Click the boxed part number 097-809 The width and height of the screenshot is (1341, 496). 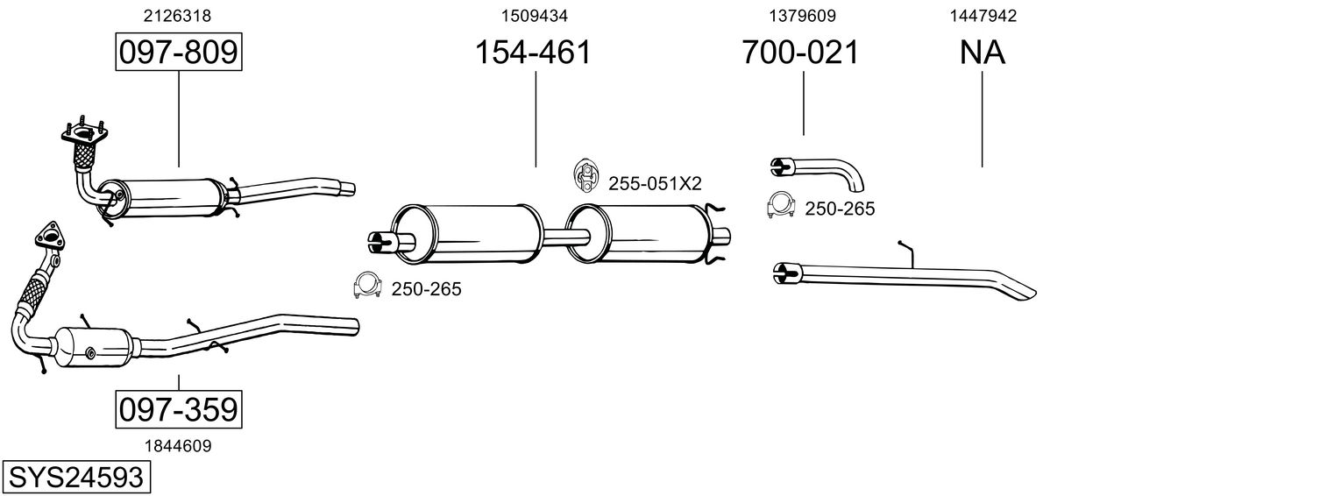(178, 53)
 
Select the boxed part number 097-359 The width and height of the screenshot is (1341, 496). (178, 409)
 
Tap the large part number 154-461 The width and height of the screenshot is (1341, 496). (533, 53)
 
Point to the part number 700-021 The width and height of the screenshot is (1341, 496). (800, 53)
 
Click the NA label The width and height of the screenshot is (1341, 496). (982, 53)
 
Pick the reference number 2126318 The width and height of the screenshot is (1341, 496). (177, 15)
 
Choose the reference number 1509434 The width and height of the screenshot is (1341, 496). (533, 15)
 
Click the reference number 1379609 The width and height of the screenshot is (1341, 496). (801, 15)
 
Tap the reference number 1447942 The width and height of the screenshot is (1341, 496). (982, 15)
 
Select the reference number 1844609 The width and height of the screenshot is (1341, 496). (177, 445)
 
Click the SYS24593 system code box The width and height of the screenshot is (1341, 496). (75, 478)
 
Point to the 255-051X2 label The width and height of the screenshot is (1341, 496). (655, 183)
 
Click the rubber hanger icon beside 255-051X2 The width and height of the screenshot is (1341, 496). (584, 175)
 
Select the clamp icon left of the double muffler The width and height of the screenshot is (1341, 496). (367, 286)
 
